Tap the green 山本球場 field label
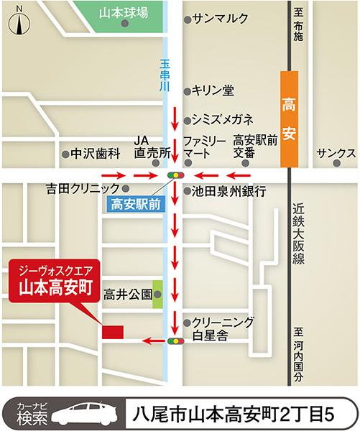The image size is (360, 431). tap(124, 11)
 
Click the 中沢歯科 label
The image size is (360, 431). tap(93, 154)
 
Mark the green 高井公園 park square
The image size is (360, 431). tap(158, 295)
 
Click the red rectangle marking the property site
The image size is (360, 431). tap(113, 332)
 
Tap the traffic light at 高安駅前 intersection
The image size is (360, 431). tap(175, 175)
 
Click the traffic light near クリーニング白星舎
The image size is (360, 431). tap(175, 341)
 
